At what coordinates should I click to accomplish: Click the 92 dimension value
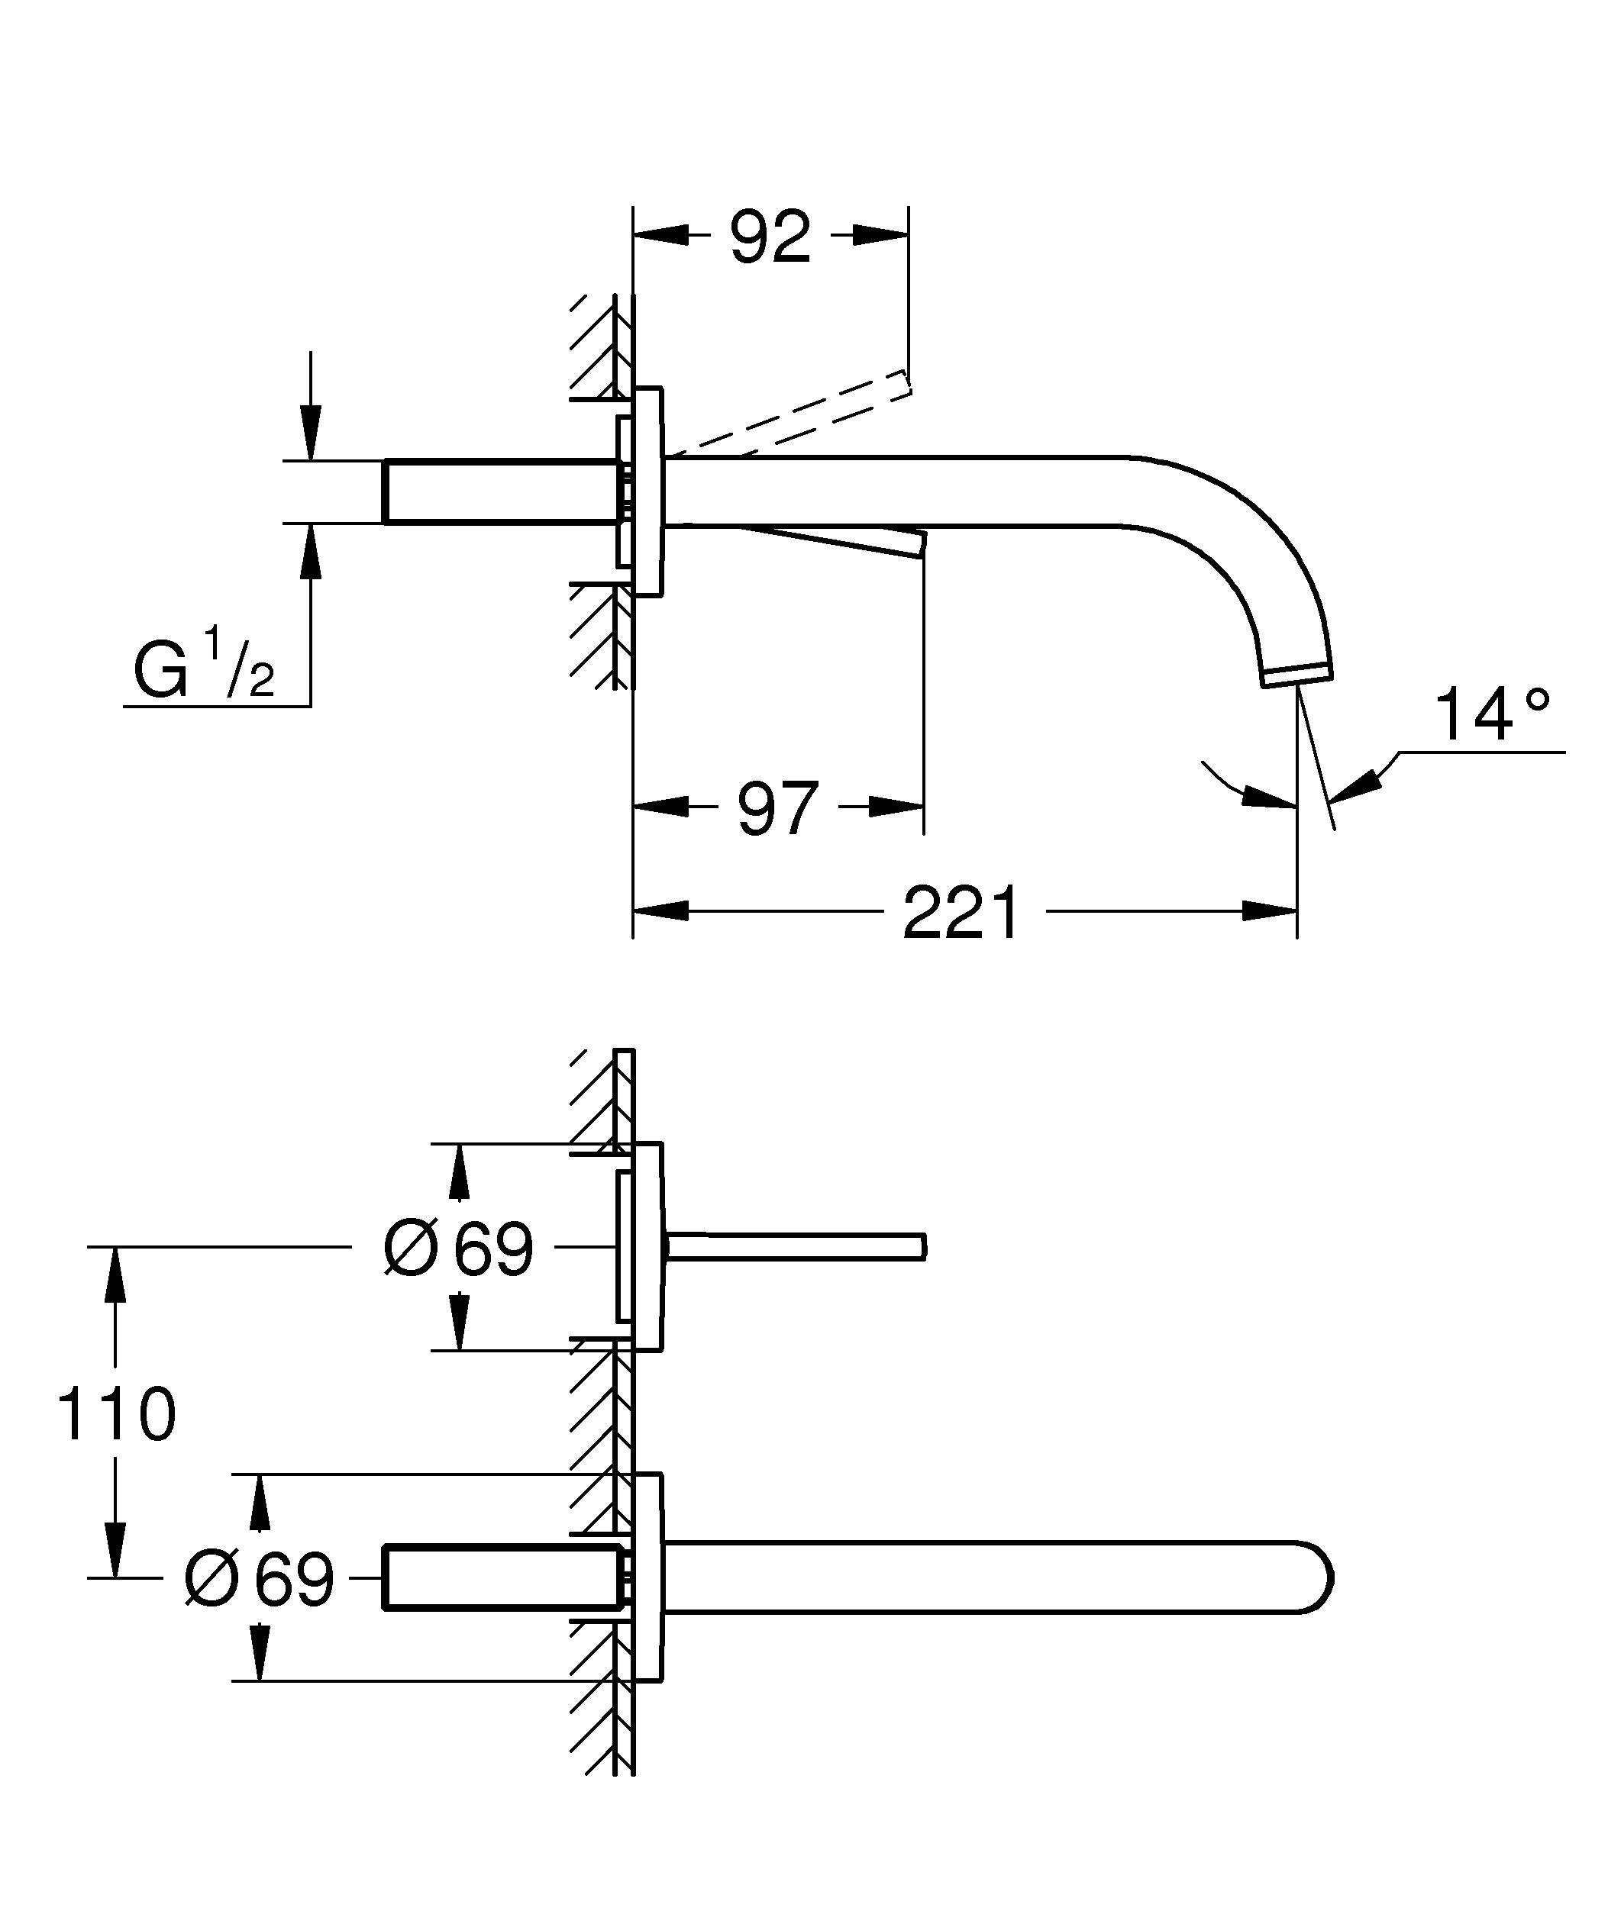pos(770,237)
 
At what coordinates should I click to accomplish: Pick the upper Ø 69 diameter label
pos(458,1248)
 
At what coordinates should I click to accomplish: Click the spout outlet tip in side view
pos(1299,676)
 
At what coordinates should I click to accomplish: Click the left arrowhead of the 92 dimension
pos(660,236)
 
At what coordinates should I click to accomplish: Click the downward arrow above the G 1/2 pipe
pos(311,431)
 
